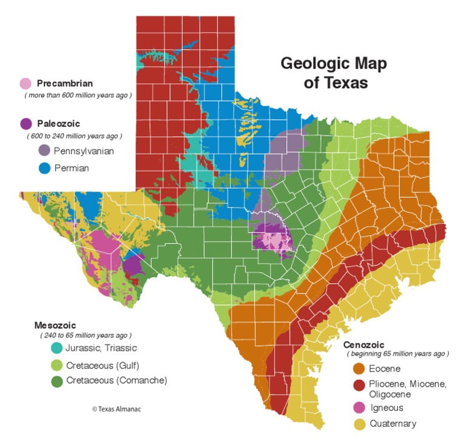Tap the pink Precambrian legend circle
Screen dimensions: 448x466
[25, 84]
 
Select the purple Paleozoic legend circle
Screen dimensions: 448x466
[25, 124]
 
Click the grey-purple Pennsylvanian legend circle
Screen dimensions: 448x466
[44, 150]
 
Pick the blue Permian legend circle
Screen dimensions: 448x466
[44, 168]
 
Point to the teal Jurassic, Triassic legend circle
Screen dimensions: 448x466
[56, 348]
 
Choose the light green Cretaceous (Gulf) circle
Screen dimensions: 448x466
[56, 365]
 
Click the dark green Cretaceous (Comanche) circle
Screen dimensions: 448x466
[56, 381]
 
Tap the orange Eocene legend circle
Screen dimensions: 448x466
[359, 368]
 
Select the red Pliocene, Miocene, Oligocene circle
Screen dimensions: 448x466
[359, 385]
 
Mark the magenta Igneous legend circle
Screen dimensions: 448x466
[359, 408]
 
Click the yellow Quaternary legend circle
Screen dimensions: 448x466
[359, 424]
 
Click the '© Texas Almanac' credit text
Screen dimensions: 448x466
[116, 409]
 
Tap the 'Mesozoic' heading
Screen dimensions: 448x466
[58, 325]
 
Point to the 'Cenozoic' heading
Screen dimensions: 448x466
[364, 345]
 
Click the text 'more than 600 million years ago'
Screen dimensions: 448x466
[78, 95]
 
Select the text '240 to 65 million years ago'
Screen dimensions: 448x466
[86, 335]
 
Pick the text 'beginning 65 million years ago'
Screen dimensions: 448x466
[397, 354]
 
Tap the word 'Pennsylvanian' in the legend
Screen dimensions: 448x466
[84, 151]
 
